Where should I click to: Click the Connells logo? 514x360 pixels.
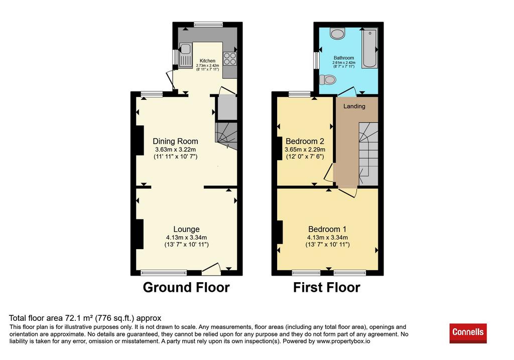[x=468, y=333]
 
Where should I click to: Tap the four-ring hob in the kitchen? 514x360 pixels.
[x=230, y=59]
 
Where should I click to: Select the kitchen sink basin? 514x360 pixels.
[x=186, y=49]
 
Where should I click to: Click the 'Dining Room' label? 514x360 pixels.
[x=175, y=141]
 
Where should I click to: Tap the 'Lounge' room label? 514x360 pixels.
[x=186, y=229]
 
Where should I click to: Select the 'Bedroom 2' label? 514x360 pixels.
[x=305, y=141]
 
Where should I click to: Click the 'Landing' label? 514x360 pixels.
[x=354, y=106]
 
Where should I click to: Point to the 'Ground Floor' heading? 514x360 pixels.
[x=186, y=287]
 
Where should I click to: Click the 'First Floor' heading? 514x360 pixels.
[x=326, y=287]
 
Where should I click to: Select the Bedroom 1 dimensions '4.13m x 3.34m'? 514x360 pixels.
[x=327, y=237]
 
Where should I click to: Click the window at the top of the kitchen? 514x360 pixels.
[x=208, y=24]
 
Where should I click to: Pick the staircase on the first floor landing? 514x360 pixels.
[x=368, y=154]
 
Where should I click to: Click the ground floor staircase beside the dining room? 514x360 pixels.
[x=226, y=136]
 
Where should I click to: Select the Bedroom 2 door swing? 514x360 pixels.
[x=329, y=173]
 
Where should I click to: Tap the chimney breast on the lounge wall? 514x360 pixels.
[x=140, y=234]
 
